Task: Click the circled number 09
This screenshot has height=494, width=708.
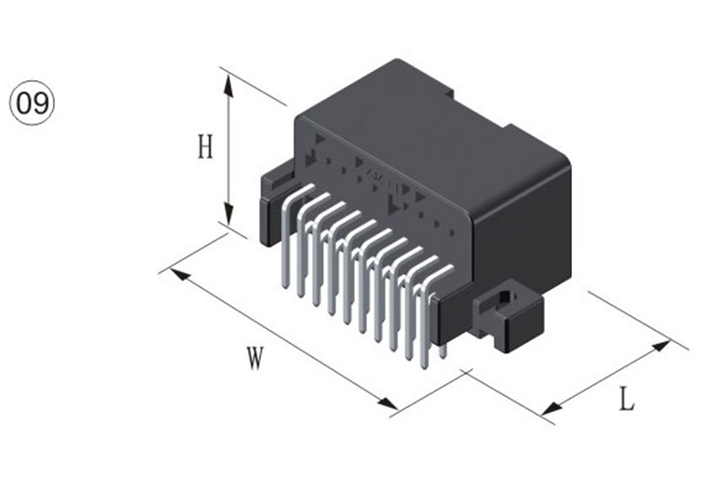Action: click(32, 103)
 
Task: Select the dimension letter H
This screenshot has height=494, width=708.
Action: click(206, 146)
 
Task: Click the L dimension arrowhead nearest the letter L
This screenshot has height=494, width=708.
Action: click(551, 407)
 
